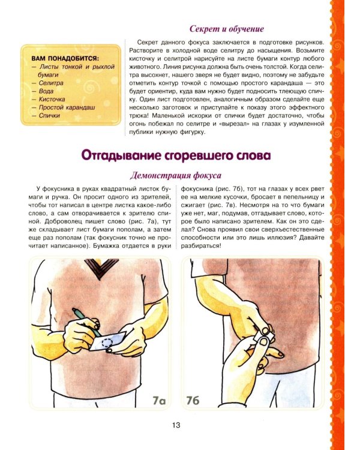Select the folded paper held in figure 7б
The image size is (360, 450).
pyautogui.click(x=262, y=337)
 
